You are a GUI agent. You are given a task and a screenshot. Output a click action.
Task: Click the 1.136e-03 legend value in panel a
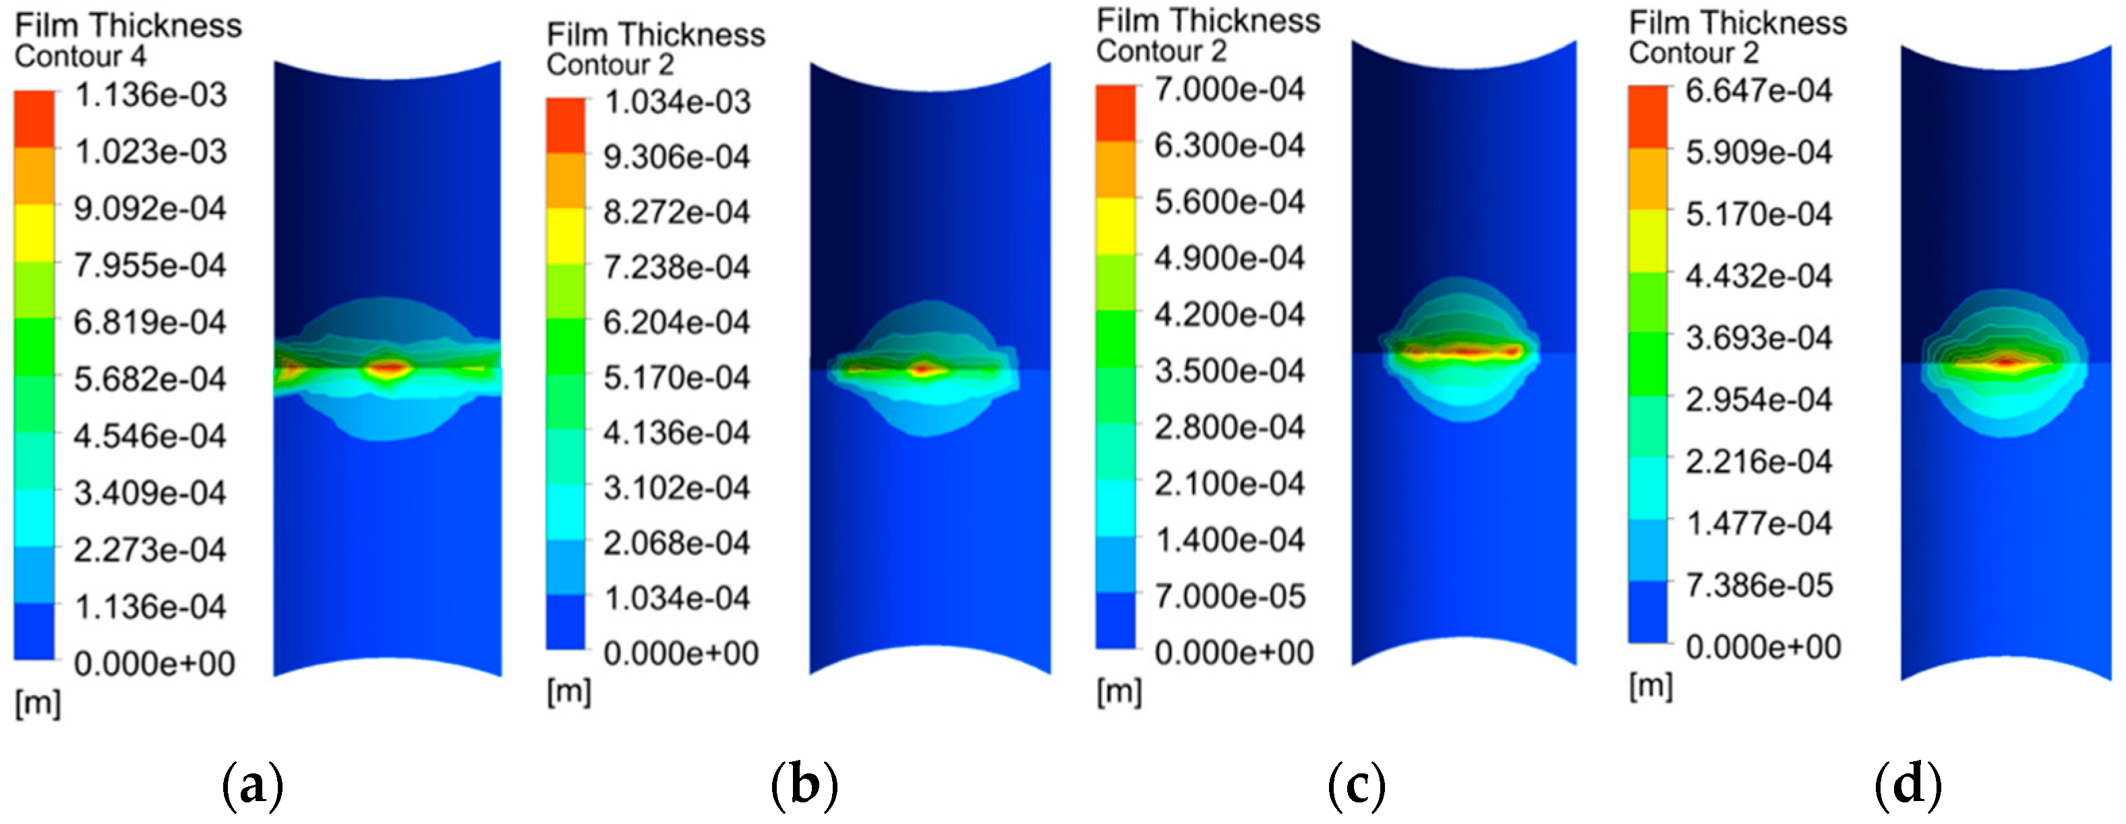point(150,95)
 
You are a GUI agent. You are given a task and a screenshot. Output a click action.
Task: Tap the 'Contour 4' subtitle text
point(80,56)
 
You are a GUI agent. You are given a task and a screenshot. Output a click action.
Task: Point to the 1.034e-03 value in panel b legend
point(677,103)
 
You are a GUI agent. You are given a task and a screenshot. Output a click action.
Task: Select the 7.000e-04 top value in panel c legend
point(1230,89)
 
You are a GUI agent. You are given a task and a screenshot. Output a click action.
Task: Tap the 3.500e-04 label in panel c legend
point(1230,370)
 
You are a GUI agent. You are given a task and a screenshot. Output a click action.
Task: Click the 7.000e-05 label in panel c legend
point(1230,596)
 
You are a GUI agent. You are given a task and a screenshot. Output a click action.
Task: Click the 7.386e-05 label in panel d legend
point(1758,585)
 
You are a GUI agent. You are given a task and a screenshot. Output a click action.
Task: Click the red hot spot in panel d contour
point(2007,361)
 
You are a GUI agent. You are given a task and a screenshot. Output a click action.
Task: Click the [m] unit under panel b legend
point(568,692)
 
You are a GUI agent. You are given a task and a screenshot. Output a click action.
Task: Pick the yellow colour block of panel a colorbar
point(34,233)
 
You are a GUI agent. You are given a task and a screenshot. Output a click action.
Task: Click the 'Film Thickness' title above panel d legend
point(1738,23)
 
